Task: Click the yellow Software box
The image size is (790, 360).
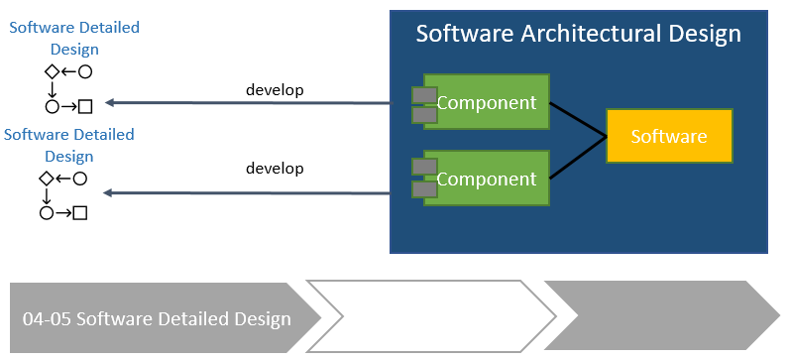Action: tap(669, 136)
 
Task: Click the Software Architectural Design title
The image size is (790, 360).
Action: tap(578, 34)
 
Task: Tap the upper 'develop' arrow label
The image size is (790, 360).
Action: tap(275, 89)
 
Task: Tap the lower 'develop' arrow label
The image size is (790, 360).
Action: tap(275, 168)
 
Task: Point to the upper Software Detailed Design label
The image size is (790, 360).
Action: tap(74, 38)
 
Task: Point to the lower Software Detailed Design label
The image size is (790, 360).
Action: tap(69, 145)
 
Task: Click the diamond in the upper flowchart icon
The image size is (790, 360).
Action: tap(52, 71)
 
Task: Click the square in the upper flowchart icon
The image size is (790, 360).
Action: tap(85, 106)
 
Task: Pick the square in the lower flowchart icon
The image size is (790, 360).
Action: tap(81, 212)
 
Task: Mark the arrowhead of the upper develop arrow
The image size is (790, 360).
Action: tap(110, 102)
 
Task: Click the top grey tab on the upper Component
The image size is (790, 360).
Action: tap(425, 96)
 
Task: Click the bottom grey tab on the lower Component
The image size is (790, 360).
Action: tap(425, 189)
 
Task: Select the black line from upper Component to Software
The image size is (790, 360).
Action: tap(577, 119)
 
